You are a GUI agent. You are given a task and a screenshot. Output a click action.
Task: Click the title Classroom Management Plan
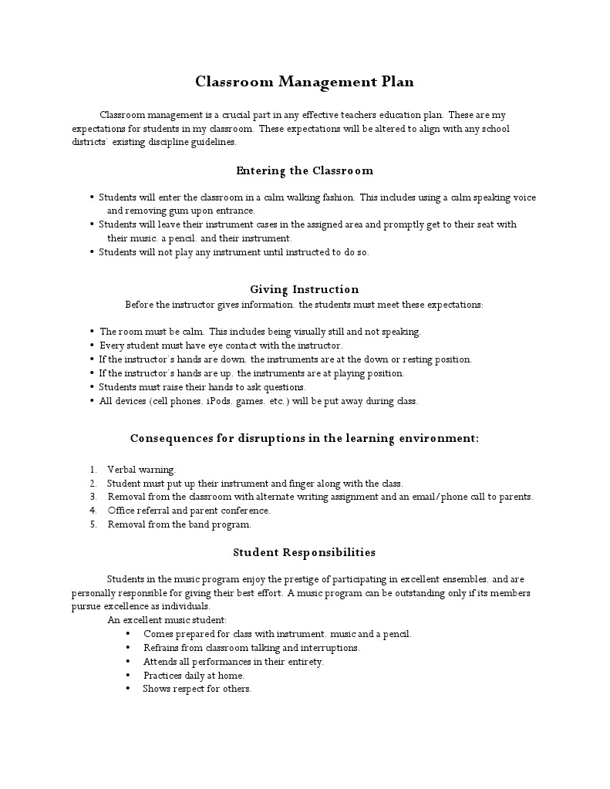305,82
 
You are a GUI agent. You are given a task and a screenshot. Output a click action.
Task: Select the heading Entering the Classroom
305,170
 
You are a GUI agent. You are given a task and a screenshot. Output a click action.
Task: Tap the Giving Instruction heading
305,289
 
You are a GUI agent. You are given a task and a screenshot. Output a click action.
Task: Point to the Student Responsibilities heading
305,552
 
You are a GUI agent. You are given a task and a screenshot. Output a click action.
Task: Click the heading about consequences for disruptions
305,438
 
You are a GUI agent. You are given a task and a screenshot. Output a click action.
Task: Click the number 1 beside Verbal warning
93,469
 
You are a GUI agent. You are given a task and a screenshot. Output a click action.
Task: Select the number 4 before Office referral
93,511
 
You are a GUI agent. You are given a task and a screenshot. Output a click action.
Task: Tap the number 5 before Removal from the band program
93,524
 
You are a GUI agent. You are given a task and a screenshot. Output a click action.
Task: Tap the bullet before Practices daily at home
127,676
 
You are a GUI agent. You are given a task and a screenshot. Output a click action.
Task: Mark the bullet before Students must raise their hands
93,387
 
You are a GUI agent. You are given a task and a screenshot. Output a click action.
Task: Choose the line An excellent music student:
167,620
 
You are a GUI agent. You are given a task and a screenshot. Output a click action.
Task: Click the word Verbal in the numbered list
121,469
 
